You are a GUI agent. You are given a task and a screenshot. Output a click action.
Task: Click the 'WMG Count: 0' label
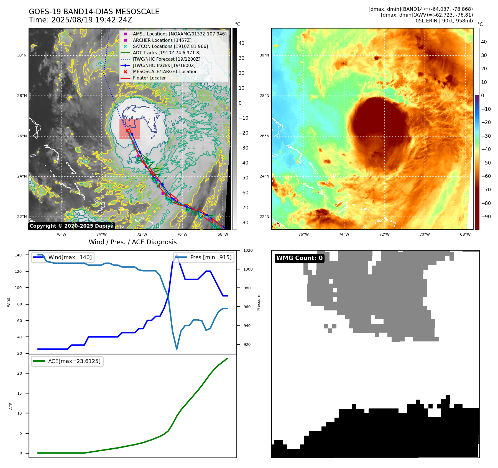pyautogui.click(x=299, y=258)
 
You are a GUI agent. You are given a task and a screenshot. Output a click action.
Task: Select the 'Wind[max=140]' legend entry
pyautogui.click(x=70, y=257)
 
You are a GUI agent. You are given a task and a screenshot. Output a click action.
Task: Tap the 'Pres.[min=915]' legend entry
pyautogui.click(x=211, y=257)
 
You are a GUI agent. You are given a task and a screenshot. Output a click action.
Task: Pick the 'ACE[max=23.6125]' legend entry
pyautogui.click(x=74, y=361)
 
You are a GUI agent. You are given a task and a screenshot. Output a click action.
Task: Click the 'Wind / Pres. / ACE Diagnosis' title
pyautogui.click(x=132, y=242)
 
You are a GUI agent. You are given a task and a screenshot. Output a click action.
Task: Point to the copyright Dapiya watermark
pyautogui.click(x=71, y=226)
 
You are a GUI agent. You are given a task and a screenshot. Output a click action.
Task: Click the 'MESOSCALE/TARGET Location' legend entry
pyautogui.click(x=165, y=72)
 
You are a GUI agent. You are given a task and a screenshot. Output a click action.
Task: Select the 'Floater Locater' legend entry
pyautogui.click(x=149, y=78)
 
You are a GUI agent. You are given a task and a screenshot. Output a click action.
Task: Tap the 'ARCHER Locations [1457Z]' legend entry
pyautogui.click(x=162, y=40)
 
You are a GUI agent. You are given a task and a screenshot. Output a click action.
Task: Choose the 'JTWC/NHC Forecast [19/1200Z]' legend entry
pyautogui.click(x=166, y=59)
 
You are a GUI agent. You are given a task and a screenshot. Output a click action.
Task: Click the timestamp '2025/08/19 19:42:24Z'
pyautogui.click(x=92, y=20)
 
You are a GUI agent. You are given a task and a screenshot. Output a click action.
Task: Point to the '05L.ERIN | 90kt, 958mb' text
pyautogui.click(x=444, y=21)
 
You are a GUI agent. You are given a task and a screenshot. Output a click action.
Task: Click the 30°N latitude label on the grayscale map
pyautogui.click(x=22, y=55)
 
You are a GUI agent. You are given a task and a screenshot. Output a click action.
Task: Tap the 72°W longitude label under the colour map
pyautogui.click(x=384, y=235)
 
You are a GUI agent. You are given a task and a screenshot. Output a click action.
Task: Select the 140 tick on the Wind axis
pyautogui.click(x=18, y=255)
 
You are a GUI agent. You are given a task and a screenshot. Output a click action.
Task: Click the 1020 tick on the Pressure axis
pyautogui.click(x=248, y=250)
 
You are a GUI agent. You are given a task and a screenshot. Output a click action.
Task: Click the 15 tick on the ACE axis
pyautogui.click(x=19, y=393)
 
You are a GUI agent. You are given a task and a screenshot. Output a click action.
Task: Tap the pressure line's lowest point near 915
pyautogui.click(x=177, y=349)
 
